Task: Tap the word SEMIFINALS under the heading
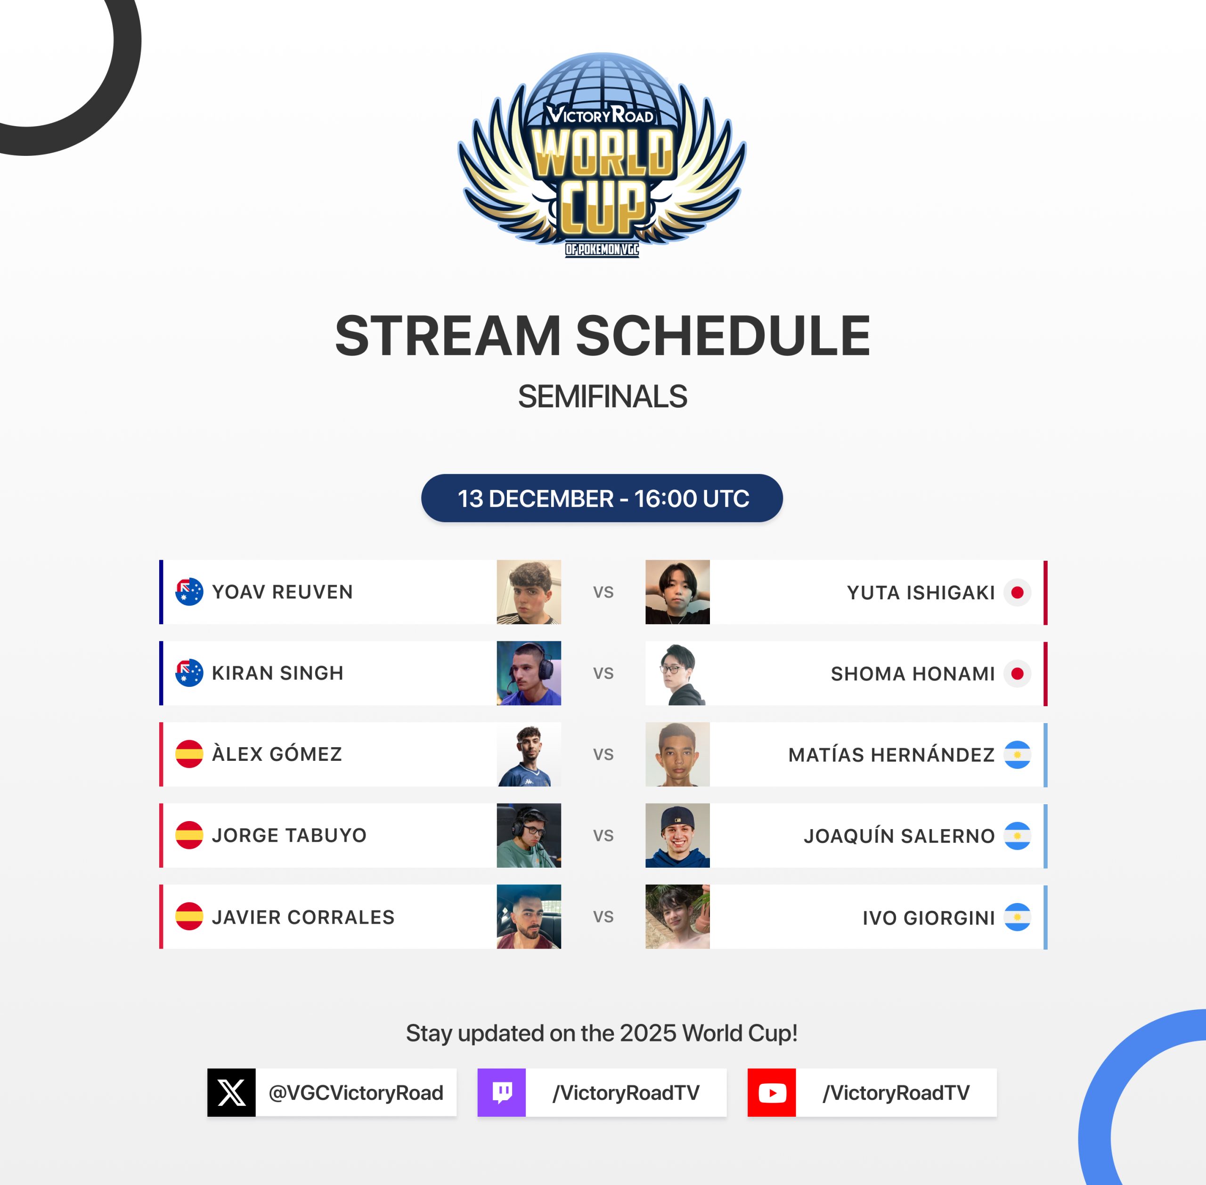click(x=602, y=396)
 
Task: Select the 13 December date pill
click(x=602, y=498)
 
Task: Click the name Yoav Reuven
click(x=282, y=592)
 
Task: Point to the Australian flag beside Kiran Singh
click(x=189, y=673)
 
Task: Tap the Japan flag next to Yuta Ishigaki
click(x=1018, y=592)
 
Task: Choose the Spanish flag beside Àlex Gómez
click(x=189, y=754)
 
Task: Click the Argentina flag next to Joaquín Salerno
click(x=1018, y=836)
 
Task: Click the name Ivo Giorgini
click(x=929, y=918)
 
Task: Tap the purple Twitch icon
click(x=502, y=1092)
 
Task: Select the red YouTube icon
click(x=772, y=1092)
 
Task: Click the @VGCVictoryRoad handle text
click(x=356, y=1093)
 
